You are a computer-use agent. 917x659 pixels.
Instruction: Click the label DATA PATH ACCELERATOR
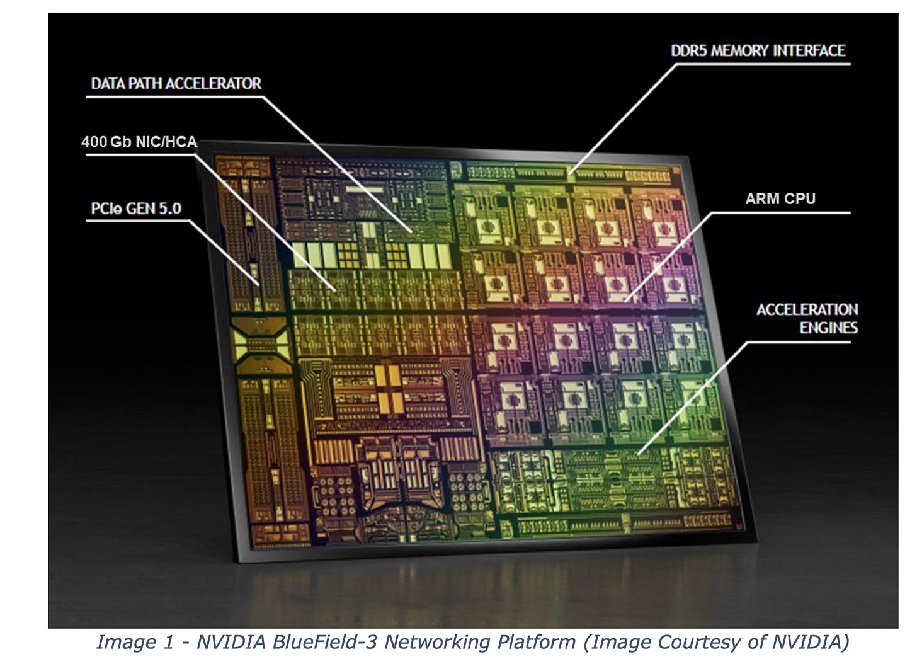176,84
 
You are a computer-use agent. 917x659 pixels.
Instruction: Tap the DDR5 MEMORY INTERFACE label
758,50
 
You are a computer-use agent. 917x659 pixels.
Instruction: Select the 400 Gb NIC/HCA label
139,142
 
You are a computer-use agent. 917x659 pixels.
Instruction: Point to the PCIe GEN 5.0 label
136,209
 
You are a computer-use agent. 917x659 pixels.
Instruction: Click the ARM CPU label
780,198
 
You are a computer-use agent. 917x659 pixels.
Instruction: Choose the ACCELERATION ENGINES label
807,318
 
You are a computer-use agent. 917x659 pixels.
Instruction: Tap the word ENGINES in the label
828,328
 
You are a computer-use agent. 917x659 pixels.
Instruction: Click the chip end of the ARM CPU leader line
625,301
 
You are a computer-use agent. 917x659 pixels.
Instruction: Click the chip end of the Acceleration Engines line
637,454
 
